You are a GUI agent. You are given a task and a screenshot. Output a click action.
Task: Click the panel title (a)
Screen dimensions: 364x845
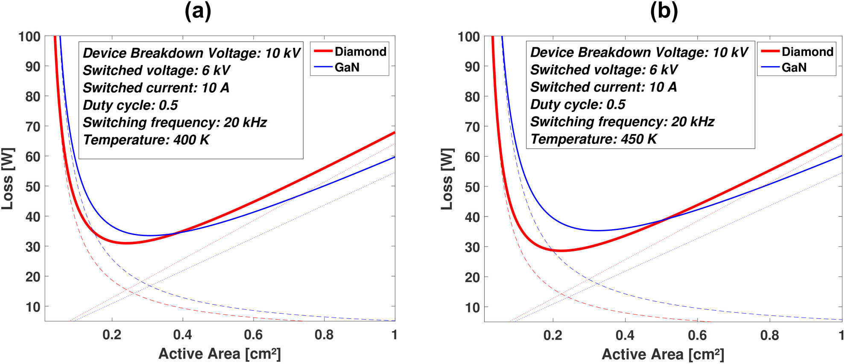coord(198,11)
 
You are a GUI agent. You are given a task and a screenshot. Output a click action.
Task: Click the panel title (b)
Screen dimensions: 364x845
coord(664,11)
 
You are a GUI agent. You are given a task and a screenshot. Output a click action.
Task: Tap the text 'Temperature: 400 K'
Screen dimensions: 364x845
coord(146,140)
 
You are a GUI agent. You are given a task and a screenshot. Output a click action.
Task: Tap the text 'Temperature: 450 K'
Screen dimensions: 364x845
coord(594,139)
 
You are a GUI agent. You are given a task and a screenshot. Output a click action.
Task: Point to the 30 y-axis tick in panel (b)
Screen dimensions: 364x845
coord(472,247)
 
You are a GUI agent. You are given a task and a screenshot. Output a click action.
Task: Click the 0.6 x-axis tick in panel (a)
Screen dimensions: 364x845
coord(253,335)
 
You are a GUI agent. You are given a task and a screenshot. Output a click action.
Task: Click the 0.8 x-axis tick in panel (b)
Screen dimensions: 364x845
coord(769,335)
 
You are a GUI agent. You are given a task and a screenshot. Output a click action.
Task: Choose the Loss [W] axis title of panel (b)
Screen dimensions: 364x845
coord(447,179)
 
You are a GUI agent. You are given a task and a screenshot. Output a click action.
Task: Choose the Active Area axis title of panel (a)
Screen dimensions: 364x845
coord(219,354)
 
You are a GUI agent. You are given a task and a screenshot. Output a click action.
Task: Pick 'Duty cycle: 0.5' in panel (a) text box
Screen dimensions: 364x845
coord(130,105)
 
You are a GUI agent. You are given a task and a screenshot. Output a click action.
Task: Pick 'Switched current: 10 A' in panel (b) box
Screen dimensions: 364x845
coord(603,87)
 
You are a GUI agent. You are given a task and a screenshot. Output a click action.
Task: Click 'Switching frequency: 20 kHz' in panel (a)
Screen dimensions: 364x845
coord(175,122)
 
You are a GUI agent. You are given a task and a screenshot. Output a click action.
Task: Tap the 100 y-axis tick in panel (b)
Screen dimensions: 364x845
coord(468,37)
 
